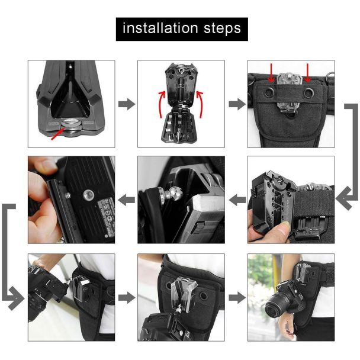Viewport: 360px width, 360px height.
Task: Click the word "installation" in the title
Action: coord(160,28)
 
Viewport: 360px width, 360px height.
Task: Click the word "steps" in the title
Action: coord(222,29)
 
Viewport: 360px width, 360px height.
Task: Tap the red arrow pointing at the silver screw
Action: coord(57,134)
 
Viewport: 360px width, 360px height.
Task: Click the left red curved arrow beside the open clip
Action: coord(162,104)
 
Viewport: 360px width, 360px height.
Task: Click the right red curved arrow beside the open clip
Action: coord(200,104)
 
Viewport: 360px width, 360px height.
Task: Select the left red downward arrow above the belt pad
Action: coord(271,73)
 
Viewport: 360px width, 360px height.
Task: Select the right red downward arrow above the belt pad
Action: coord(307,73)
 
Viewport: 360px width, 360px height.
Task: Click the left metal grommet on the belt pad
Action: coord(269,92)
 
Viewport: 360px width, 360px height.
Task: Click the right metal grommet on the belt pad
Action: coord(309,92)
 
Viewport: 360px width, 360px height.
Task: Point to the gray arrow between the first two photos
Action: coord(127,104)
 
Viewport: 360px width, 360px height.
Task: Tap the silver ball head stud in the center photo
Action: coord(176,192)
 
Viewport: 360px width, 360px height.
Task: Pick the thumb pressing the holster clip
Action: coord(279,230)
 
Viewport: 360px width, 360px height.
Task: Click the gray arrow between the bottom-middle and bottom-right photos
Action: coord(237,298)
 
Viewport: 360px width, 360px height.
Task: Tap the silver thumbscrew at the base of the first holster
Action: coord(71,124)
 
